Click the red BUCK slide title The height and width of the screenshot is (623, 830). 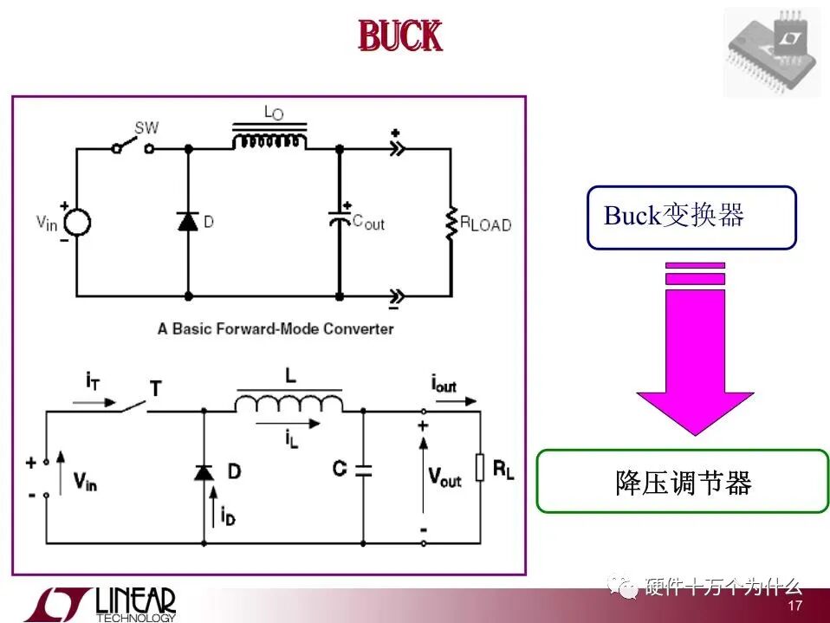(x=400, y=37)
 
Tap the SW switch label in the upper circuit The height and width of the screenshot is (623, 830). (x=146, y=127)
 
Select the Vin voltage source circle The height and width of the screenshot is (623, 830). (x=76, y=223)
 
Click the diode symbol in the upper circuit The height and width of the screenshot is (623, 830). (x=188, y=221)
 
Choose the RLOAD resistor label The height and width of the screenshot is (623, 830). (x=485, y=224)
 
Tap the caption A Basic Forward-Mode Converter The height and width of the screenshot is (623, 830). (x=275, y=329)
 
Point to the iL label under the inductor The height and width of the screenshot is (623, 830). (x=291, y=439)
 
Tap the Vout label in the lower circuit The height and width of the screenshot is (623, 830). (x=444, y=476)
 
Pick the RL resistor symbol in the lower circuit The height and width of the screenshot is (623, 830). (x=479, y=469)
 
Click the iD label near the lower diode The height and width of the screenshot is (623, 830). (x=227, y=516)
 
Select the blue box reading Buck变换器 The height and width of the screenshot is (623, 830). (x=691, y=217)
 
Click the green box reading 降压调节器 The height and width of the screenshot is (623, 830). (x=683, y=481)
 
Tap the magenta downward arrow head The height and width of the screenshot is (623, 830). (x=695, y=412)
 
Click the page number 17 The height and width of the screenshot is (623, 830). (x=795, y=604)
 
